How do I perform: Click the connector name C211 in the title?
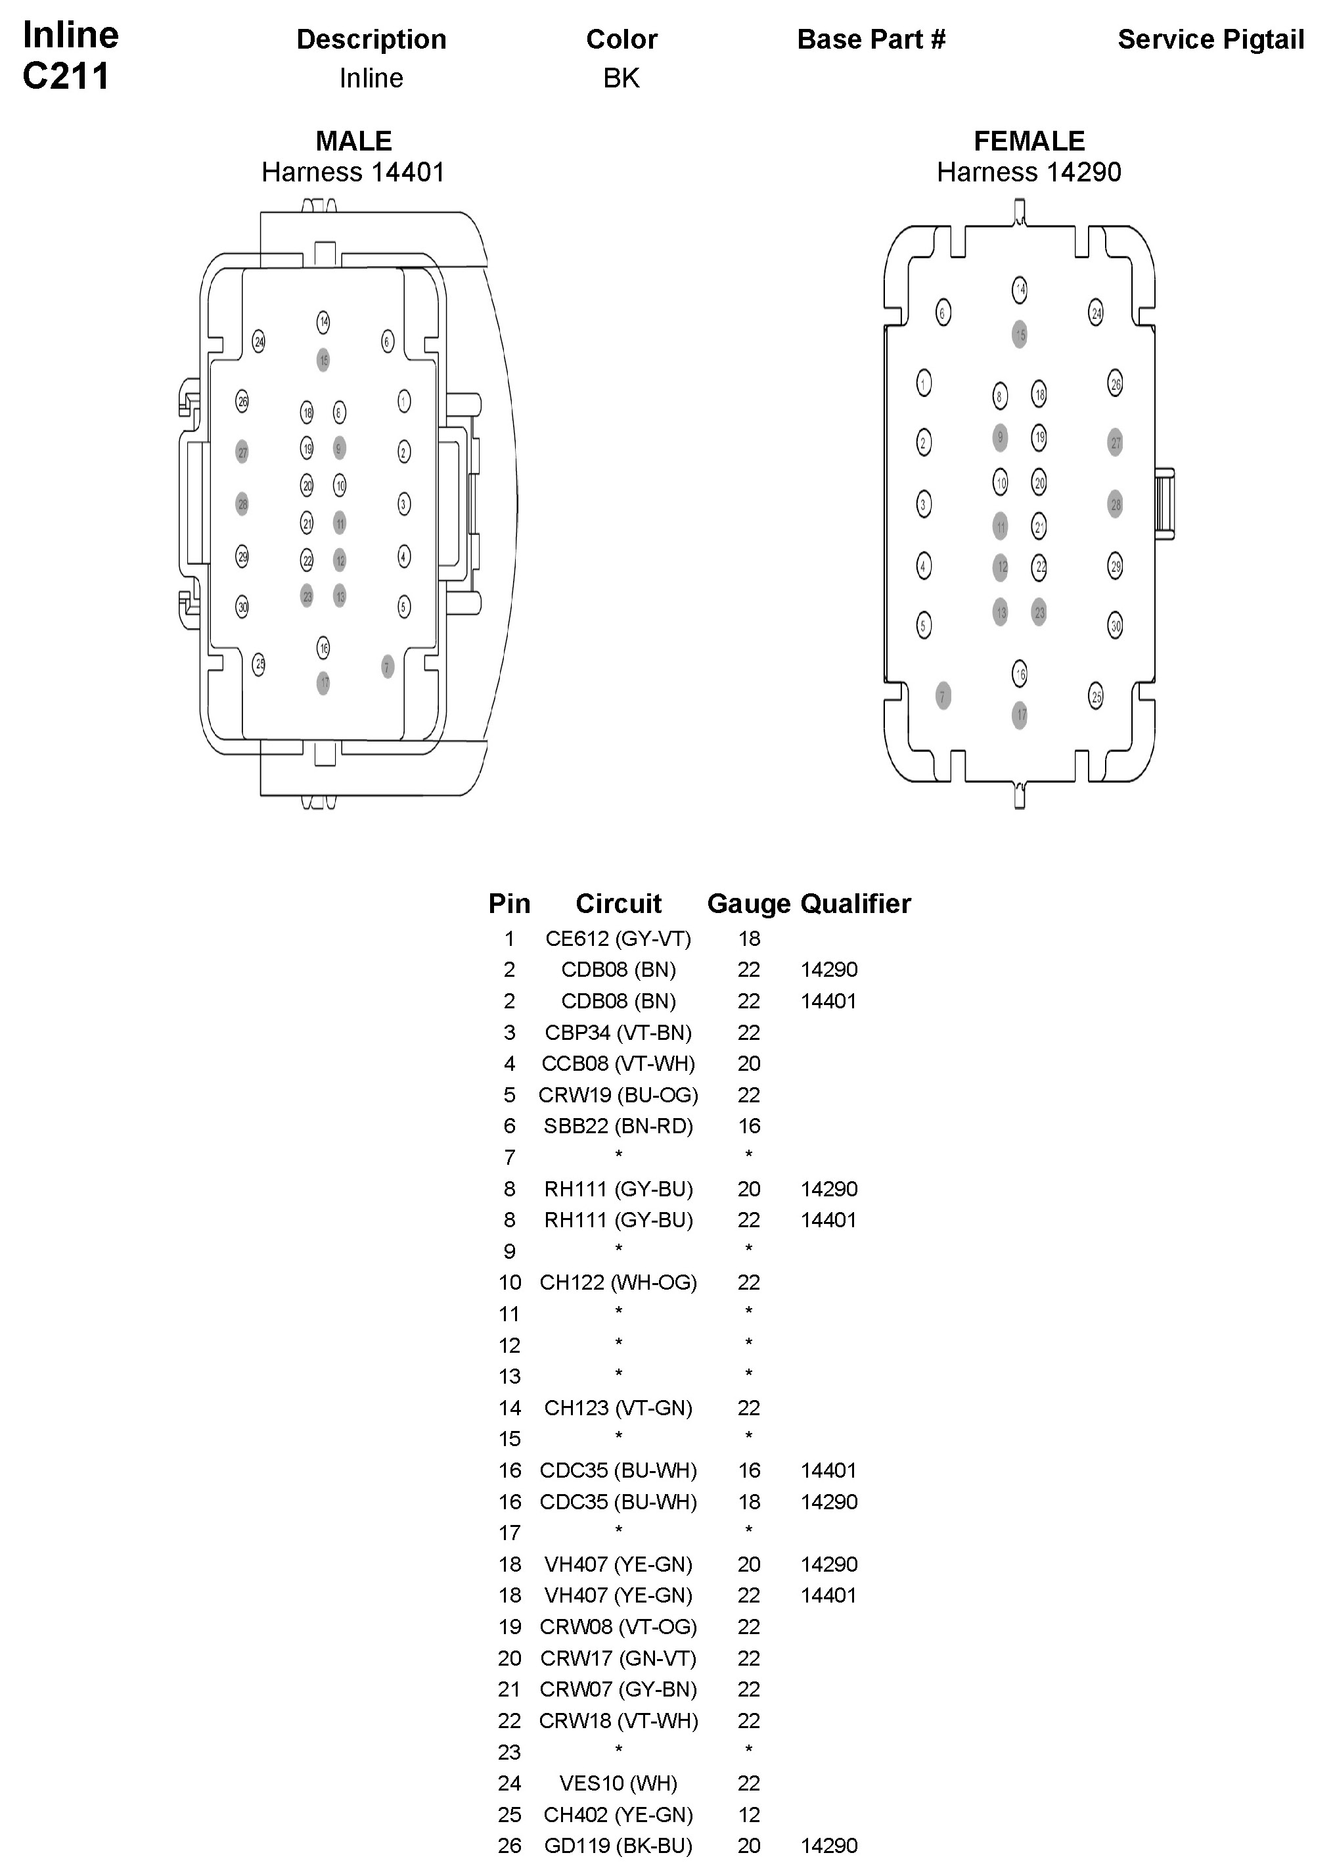click(66, 76)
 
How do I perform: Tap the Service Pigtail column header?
click(1210, 39)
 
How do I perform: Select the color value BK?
click(621, 78)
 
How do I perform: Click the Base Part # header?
click(871, 39)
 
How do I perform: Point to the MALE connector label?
click(353, 141)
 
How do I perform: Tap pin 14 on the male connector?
click(323, 322)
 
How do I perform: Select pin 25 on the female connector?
click(1096, 697)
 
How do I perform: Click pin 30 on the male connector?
click(242, 607)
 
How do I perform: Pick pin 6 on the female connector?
click(943, 312)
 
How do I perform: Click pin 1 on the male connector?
click(404, 402)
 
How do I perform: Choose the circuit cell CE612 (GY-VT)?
click(618, 939)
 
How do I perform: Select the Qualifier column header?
click(855, 904)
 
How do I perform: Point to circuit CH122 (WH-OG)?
click(618, 1282)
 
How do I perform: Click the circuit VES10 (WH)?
click(618, 1783)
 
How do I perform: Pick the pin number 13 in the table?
click(510, 1377)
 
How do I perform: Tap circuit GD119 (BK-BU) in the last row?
click(618, 1846)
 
